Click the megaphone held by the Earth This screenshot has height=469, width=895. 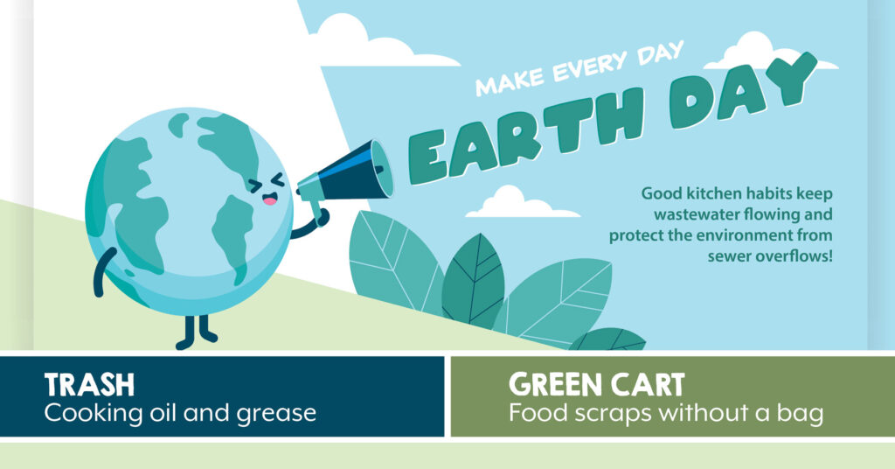point(346,178)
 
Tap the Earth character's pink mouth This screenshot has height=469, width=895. point(269,199)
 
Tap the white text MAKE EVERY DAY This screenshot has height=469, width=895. point(579,68)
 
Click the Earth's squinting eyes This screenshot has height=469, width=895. point(266,183)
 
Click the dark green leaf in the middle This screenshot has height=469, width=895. point(473,280)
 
